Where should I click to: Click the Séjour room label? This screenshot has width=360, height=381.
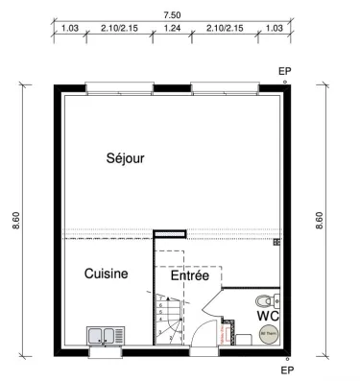(x=125, y=159)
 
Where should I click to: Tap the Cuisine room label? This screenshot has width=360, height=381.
(x=106, y=274)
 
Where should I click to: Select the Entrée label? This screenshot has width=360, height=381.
(x=189, y=275)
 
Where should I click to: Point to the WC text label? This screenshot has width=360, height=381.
(x=267, y=315)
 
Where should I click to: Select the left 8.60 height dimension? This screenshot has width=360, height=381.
(x=15, y=221)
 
